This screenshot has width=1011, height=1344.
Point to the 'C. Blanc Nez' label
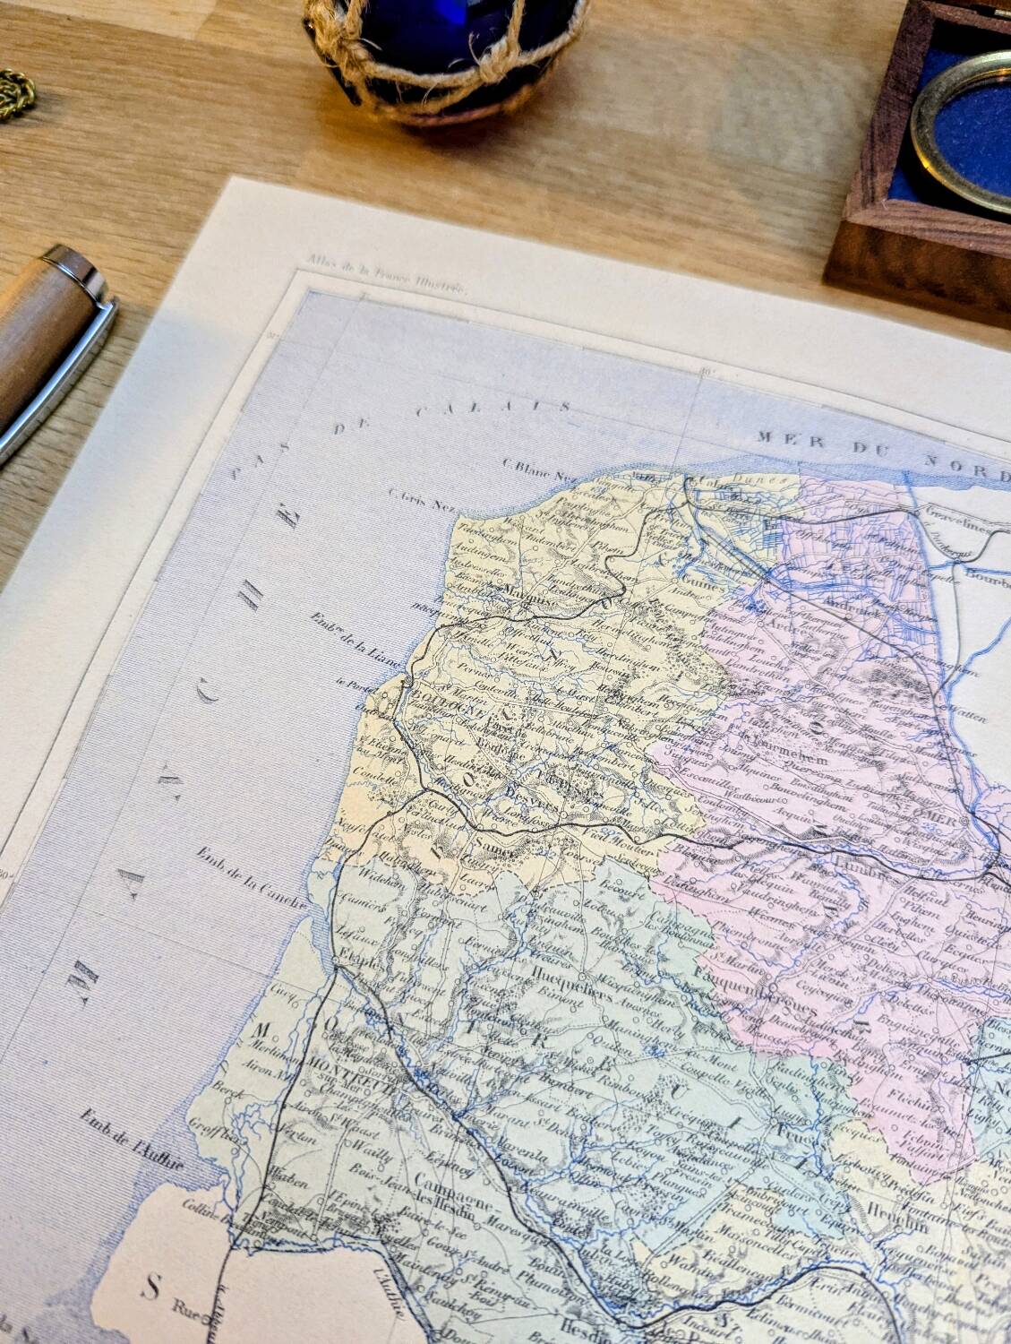click(x=529, y=465)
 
